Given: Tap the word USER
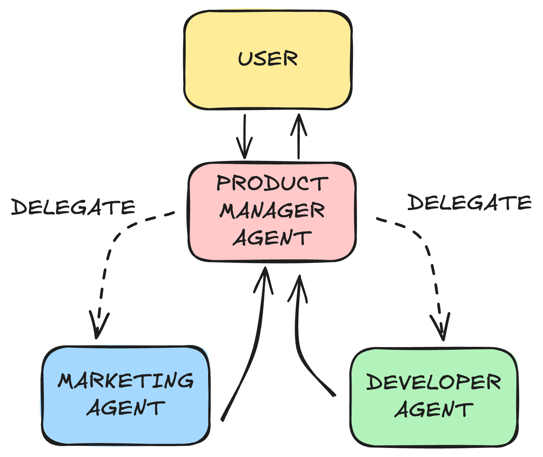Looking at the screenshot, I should [x=268, y=59].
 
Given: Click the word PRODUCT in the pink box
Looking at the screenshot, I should [x=272, y=183].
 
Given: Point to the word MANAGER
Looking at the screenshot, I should [x=272, y=211].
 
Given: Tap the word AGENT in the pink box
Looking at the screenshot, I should [x=272, y=238].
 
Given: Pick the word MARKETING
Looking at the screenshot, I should [x=126, y=381].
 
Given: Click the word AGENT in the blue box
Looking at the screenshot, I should [x=126, y=408].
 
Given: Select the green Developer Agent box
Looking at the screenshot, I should [x=434, y=433].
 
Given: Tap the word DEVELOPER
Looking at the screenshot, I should [x=434, y=382].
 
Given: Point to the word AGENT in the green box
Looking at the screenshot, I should [x=434, y=410].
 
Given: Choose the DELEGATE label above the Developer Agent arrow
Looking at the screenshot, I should [x=470, y=202].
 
